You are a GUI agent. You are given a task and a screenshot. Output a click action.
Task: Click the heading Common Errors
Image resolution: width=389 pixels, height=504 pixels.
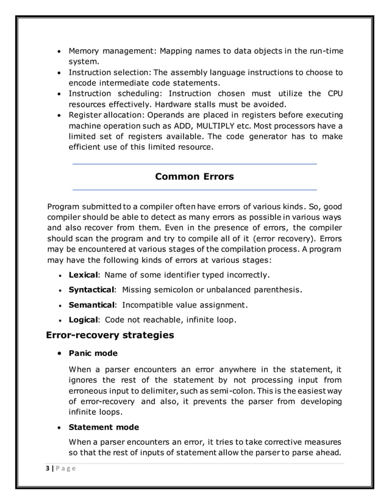pos(194,177)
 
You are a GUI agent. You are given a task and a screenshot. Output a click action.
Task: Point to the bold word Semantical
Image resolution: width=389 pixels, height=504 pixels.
pos(91,304)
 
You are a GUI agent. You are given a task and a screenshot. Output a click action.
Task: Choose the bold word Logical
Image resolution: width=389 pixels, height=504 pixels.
pos(83,319)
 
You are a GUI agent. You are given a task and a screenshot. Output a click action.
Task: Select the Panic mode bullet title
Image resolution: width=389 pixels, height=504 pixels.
pos(93,353)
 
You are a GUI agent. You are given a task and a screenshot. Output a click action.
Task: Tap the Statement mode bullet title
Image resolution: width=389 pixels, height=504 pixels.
pos(104,427)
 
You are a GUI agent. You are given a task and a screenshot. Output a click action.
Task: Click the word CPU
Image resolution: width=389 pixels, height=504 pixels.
pos(333,93)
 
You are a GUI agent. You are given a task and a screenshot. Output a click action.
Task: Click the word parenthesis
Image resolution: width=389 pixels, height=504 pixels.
pos(278,289)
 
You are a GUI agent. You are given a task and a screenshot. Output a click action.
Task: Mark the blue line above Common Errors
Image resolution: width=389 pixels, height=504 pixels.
pos(194,164)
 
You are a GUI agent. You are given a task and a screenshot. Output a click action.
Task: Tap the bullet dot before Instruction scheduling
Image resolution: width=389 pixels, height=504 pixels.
pos(59,93)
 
